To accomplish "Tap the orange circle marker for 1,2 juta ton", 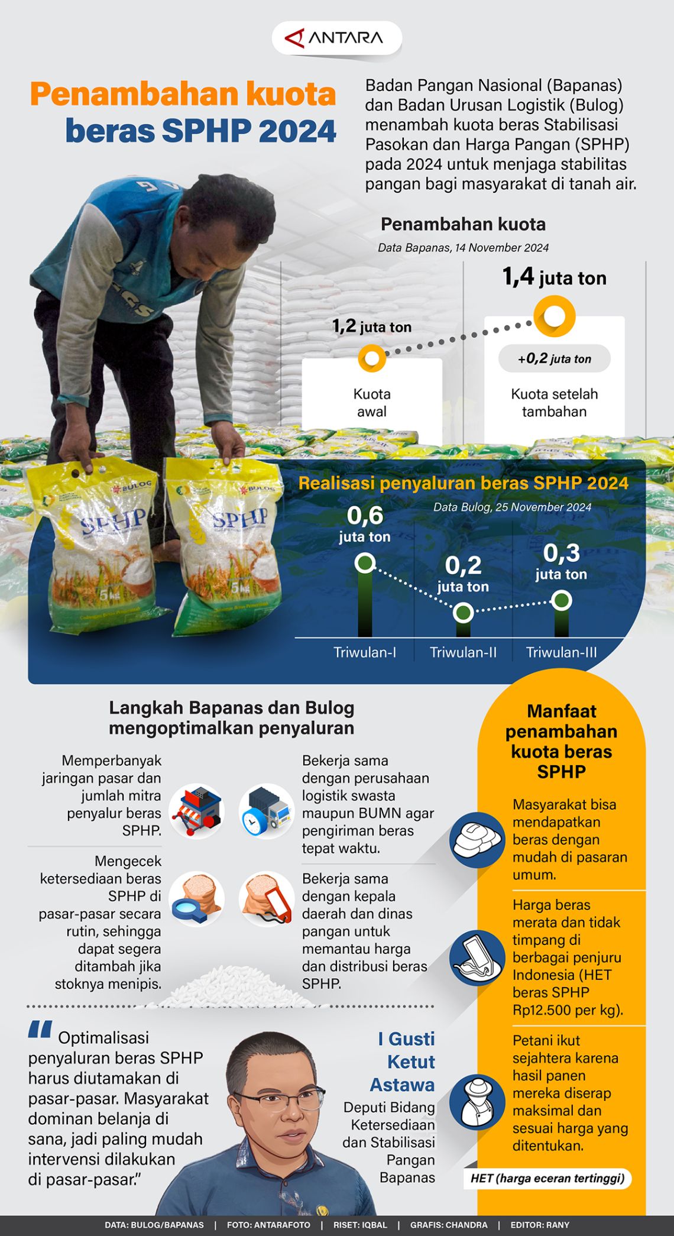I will pos(372,358).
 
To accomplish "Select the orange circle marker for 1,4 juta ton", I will pos(554,316).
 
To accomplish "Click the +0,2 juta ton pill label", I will pos(554,359).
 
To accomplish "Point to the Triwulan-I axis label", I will pos(365,652).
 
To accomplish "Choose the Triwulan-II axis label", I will pos(463,652).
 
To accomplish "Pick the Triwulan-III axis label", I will pos(561,652).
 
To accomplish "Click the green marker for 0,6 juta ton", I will pos(365,562).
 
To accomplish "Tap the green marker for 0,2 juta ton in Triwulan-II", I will pos(463,613).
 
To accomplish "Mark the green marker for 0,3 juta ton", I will pos(561,600).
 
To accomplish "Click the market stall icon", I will pos(197,811).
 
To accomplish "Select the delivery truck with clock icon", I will pos(267,811).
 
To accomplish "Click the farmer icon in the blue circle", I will pos(477,1101).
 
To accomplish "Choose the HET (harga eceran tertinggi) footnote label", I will pos(547,1178).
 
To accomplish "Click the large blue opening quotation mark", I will pos(40,1030).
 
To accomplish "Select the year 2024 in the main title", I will pos(297,131).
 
